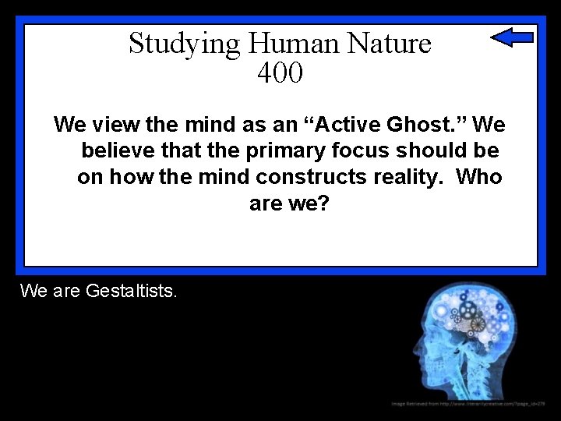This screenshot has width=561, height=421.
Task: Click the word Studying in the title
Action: (x=174, y=44)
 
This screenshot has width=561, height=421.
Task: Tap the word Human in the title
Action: (x=267, y=43)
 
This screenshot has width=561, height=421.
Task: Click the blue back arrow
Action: (x=512, y=37)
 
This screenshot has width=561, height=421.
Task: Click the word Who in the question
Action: (x=479, y=177)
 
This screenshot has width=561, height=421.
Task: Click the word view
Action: (x=113, y=124)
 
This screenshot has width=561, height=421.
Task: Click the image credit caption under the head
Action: (x=468, y=403)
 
